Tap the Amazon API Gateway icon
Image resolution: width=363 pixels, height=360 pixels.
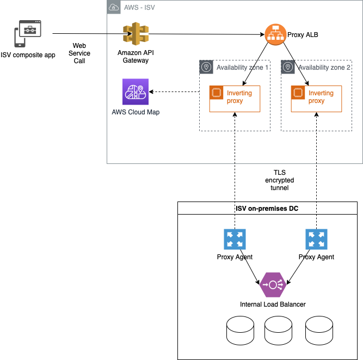pyautogui.click(x=133, y=35)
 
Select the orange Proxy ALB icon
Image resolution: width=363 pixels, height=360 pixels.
pyautogui.click(x=275, y=35)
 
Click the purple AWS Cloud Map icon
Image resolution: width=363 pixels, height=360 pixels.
pyautogui.click(x=135, y=91)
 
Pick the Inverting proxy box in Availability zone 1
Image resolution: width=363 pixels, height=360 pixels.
pyautogui.click(x=234, y=99)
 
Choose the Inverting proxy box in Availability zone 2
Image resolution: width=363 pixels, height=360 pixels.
pyautogui.click(x=316, y=99)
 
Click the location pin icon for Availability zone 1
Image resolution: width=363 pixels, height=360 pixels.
pyautogui.click(x=206, y=67)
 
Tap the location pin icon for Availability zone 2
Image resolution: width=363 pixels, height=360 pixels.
pyautogui.click(x=288, y=67)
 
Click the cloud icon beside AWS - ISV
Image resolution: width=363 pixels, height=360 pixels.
pyautogui.click(x=114, y=7)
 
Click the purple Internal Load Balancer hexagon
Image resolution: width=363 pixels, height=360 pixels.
pyautogui.click(x=272, y=284)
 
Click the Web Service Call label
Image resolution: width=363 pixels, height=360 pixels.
pyautogui.click(x=79, y=53)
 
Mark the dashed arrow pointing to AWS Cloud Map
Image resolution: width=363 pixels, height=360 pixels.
pyautogui.click(x=174, y=91)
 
